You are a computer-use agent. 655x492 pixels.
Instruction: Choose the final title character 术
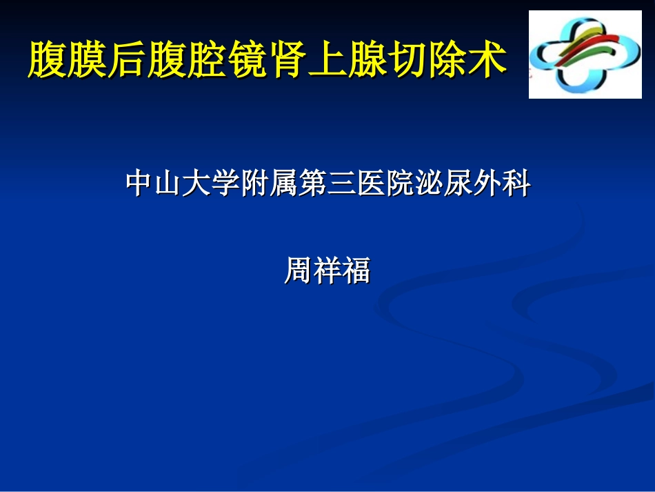point(489,59)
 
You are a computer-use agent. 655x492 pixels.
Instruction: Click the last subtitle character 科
point(516,184)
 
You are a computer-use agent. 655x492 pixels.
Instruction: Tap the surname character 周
point(298,271)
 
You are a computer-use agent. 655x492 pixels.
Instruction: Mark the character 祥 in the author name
point(327,271)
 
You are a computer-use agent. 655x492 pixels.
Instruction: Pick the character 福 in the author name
point(356,271)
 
